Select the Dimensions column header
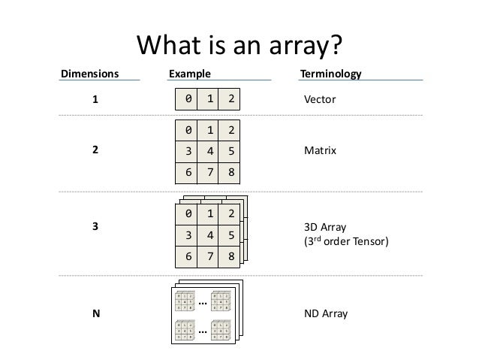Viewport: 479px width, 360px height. [89, 75]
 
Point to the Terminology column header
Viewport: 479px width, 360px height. [330, 75]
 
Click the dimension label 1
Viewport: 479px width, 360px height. [95, 99]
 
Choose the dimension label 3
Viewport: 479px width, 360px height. [95, 225]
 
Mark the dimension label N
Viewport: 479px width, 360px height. [95, 313]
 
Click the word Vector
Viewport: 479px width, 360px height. [318, 99]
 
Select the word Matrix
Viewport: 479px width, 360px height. [320, 150]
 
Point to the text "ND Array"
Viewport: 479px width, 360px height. [325, 313]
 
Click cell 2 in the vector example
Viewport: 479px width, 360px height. [231, 98]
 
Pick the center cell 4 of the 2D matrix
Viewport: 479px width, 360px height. [209, 150]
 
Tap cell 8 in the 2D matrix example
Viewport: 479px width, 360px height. [231, 171]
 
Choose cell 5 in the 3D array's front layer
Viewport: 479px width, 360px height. [231, 235]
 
